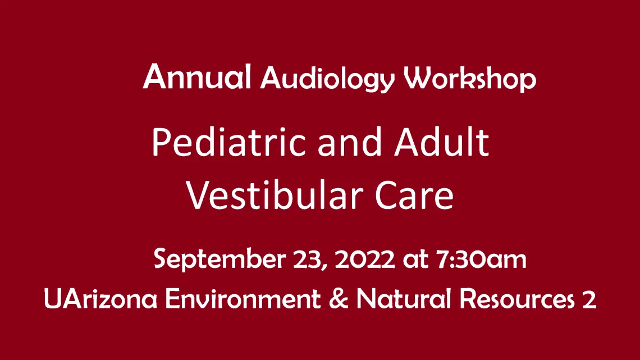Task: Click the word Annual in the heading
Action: [196, 76]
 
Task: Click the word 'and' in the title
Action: [350, 143]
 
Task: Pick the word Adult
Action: [442, 142]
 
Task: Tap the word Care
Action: [414, 195]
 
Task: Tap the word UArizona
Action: [100, 298]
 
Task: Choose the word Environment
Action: [243, 298]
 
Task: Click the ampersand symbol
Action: [339, 298]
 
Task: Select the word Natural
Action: [404, 298]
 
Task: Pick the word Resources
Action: [517, 298]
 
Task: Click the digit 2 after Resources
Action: [589, 299]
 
